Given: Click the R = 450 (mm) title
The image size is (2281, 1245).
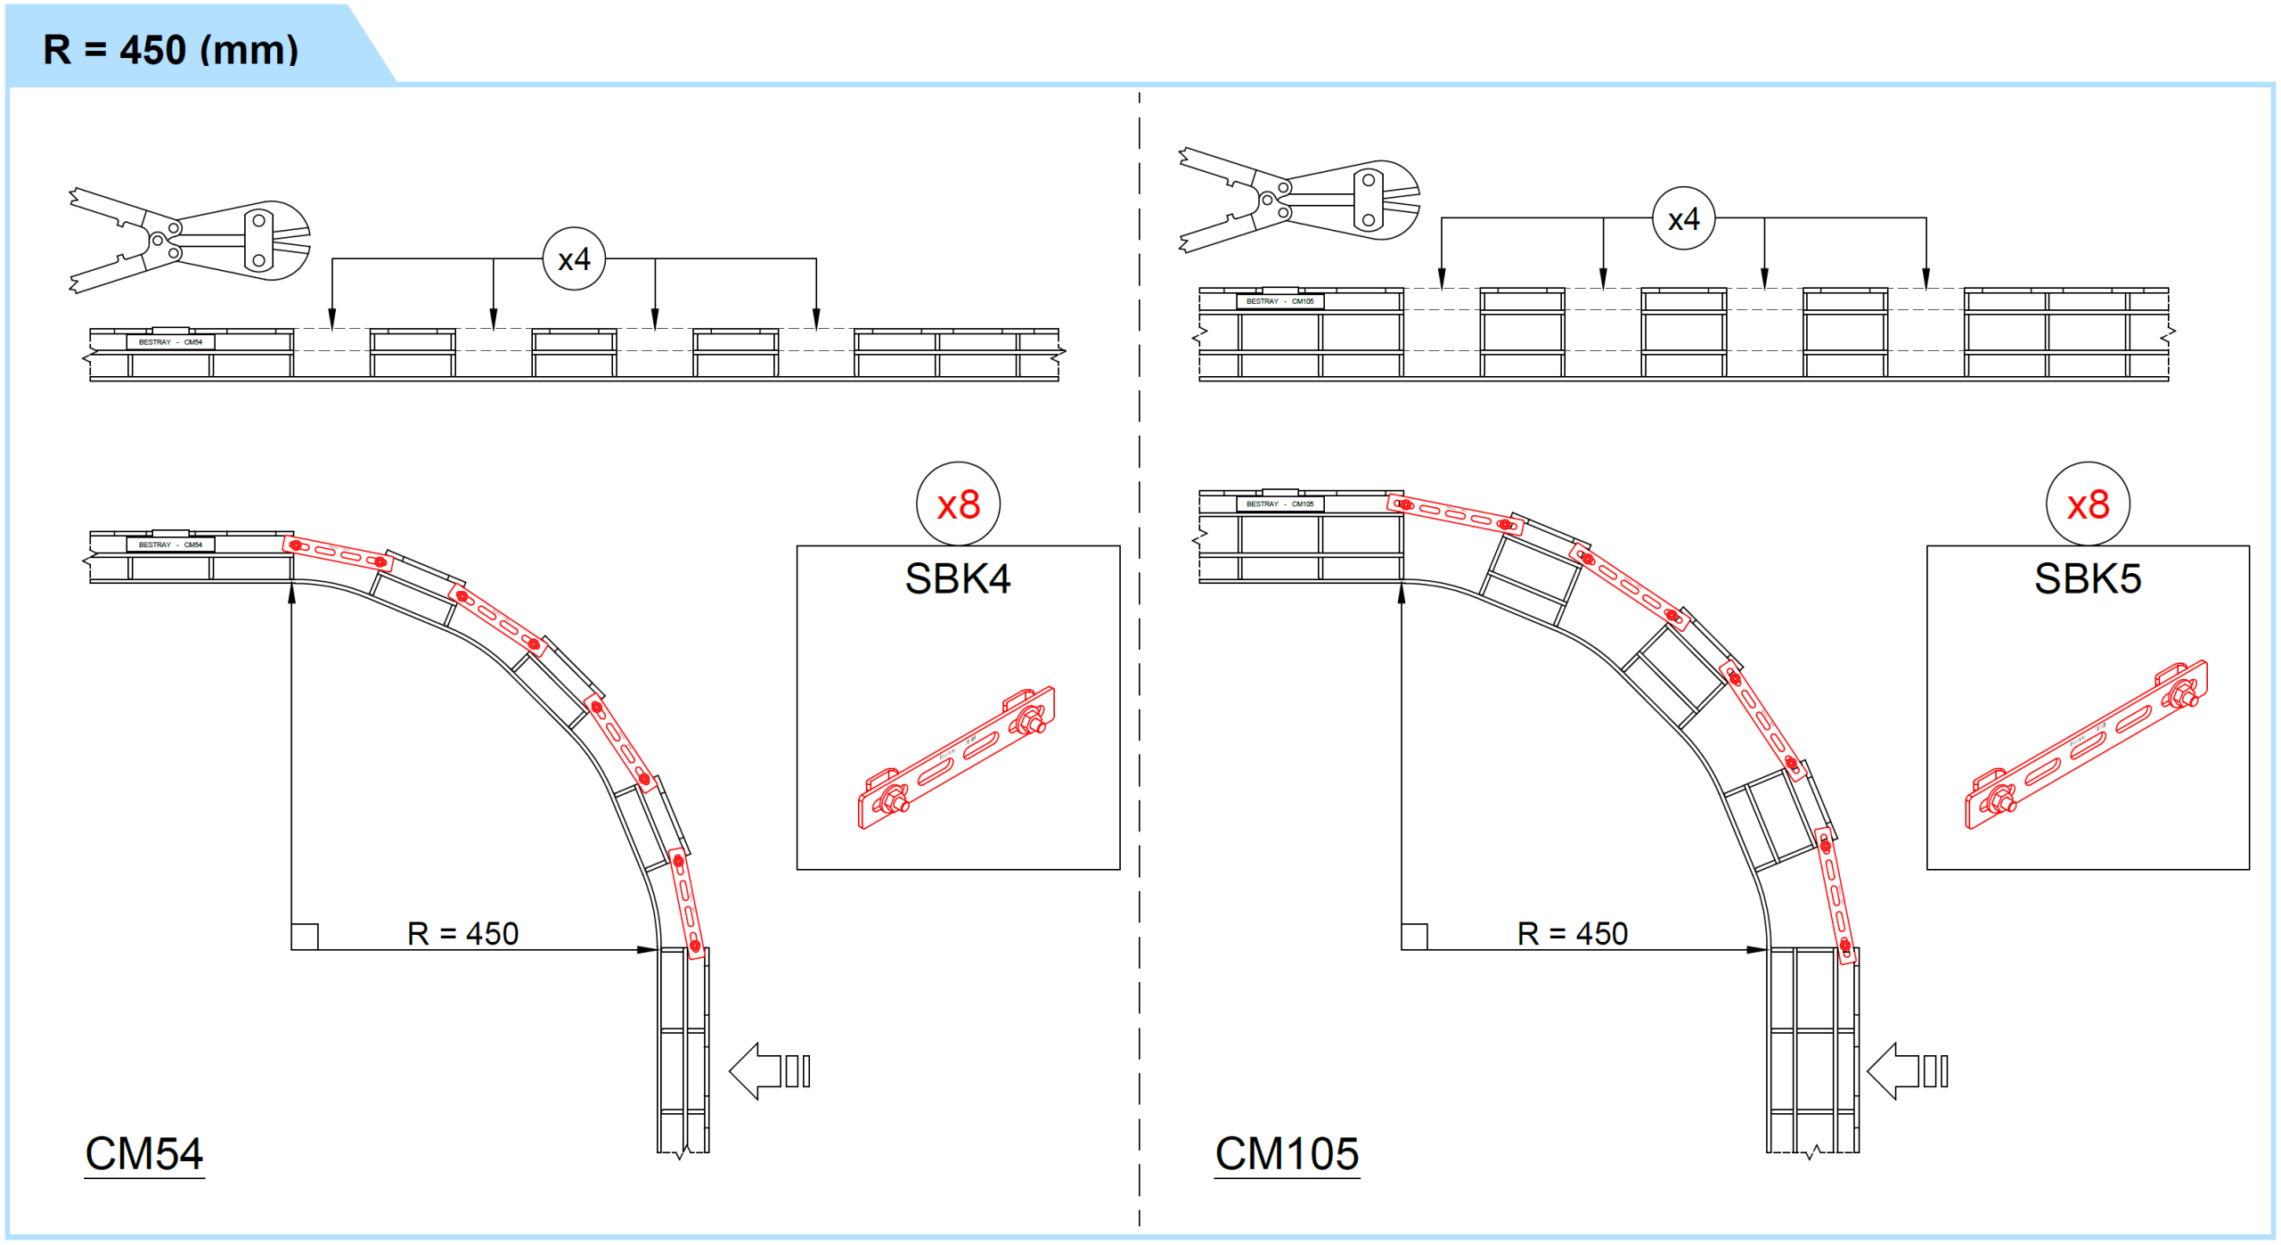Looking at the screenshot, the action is pos(170,50).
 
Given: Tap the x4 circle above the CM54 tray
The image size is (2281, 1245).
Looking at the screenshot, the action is pos(574,259).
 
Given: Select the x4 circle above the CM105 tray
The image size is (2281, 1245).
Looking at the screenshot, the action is pos(1683,218).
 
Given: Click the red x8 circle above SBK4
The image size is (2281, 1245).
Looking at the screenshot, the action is pos(958,504).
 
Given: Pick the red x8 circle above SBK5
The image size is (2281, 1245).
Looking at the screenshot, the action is pos(2088,504).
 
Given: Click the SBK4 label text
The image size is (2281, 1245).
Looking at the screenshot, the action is pos(958,578).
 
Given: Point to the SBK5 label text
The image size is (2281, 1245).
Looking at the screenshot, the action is pos(2088,578).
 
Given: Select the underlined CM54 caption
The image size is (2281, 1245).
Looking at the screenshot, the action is pos(144,1155).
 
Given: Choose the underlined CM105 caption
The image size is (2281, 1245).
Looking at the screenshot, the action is pos(1287,1155).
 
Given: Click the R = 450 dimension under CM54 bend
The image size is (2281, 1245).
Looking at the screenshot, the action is pos(462,933).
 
